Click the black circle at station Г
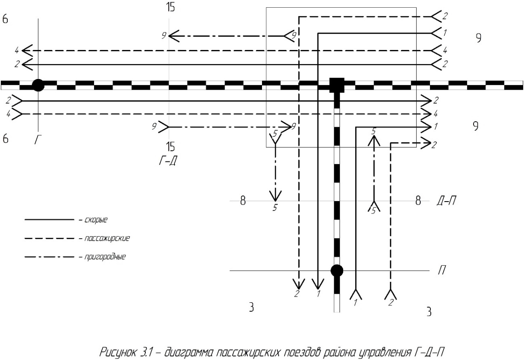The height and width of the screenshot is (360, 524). pyautogui.click(x=38, y=85)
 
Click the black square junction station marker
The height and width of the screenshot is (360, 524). pyautogui.click(x=337, y=85)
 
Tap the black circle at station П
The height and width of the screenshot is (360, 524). pyautogui.click(x=337, y=270)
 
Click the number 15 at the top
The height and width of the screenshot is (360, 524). pyautogui.click(x=170, y=8)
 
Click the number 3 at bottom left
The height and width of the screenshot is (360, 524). pyautogui.click(x=252, y=307)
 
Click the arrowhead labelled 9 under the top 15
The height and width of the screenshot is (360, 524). pyautogui.click(x=173, y=35)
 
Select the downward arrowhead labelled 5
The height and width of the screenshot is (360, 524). pyautogui.click(x=275, y=196)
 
